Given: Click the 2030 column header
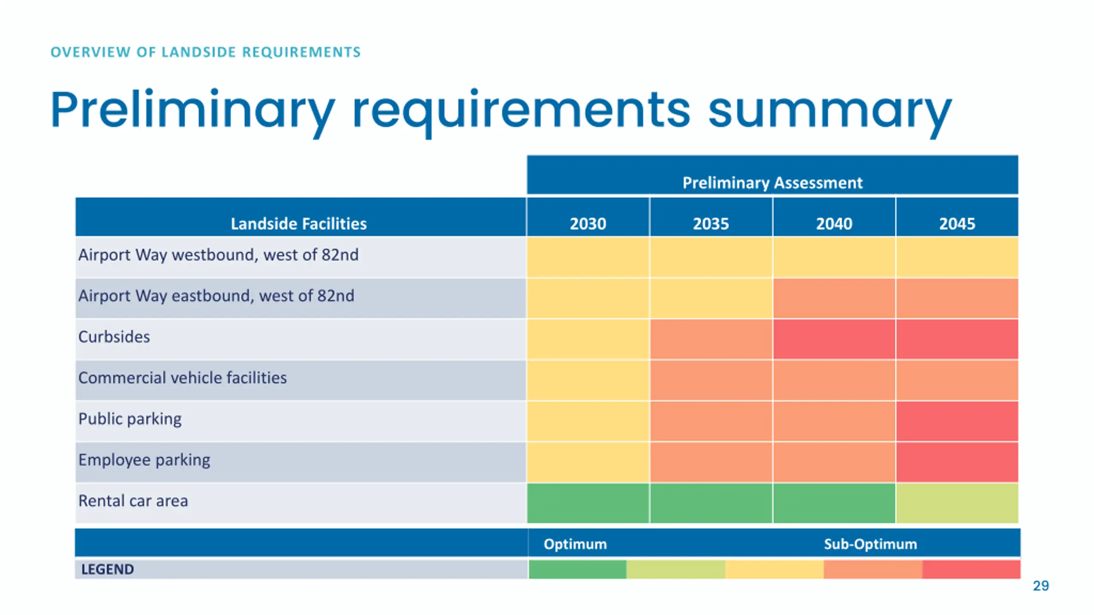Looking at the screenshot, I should point(588,223).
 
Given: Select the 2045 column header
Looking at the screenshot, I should point(957,223).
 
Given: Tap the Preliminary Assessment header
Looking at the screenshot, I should point(772,182).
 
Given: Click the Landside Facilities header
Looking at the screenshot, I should point(299,223).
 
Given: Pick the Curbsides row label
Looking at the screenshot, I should point(114,337).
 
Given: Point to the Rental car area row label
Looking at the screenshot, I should point(133,501).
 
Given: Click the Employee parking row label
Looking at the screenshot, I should point(144,460).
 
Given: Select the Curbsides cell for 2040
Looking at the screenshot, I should point(834,339).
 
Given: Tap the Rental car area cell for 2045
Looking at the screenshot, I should point(957,503).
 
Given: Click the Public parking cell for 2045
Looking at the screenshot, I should point(957,421).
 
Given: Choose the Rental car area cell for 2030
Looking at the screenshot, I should point(588,503).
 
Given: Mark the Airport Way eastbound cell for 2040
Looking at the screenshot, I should point(834,298).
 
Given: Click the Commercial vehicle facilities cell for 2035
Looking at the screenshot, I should point(711,380).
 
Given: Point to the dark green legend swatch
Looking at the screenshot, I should point(577,569).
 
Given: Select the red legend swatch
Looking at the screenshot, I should point(971,569).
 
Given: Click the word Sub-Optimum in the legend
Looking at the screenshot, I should point(870,544).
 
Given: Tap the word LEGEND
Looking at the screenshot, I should point(107,569).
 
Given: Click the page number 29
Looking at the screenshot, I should point(1041,586).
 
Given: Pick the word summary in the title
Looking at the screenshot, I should point(829,110).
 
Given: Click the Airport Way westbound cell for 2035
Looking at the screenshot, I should point(711,257).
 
